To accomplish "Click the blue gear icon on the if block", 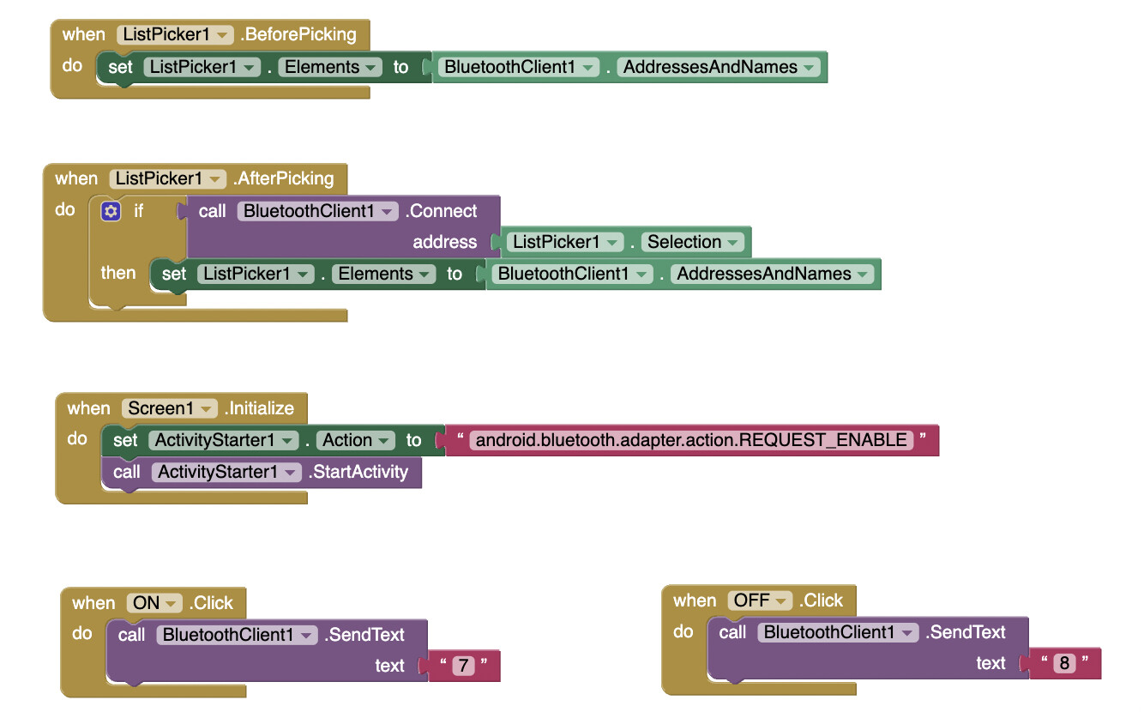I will click(111, 211).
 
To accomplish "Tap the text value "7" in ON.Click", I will click(463, 666).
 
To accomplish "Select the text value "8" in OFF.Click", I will click(1064, 663).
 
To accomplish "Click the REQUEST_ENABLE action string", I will click(692, 440).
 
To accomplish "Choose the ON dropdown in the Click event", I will click(154, 603).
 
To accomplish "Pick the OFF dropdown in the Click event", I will click(760, 600).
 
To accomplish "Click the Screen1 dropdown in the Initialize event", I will click(170, 408).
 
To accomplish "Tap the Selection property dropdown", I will click(692, 242).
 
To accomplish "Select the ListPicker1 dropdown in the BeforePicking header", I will click(174, 35).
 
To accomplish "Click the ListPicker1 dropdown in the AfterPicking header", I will click(167, 178).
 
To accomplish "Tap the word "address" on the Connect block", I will click(444, 242).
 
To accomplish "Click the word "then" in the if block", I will click(118, 273).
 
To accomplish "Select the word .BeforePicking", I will click(298, 35).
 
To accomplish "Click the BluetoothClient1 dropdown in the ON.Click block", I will click(237, 635).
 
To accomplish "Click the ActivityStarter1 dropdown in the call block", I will click(226, 472).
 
